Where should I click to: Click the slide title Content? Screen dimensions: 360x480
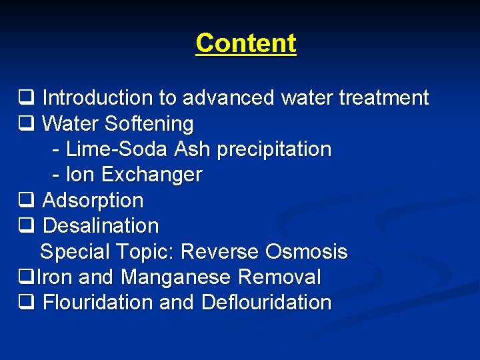coord(246,43)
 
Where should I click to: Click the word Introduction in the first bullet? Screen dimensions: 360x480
coord(97,99)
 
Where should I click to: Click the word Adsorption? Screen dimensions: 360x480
coord(93,201)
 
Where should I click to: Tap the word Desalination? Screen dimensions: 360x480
coord(101,226)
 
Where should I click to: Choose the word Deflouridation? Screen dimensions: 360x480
coord(266,303)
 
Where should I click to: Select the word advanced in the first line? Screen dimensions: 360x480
coord(229,99)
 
